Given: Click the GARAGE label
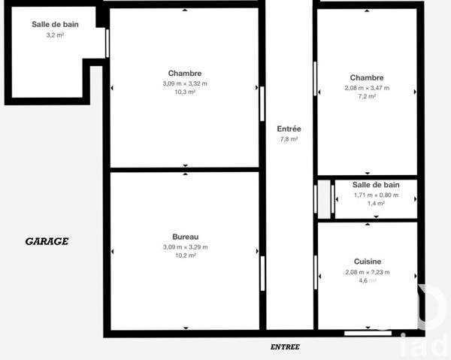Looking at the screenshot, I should point(47,241).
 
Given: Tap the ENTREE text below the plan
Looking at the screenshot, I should point(285,346).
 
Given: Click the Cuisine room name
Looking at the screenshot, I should point(367,262).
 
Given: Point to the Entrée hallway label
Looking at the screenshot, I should point(289,129).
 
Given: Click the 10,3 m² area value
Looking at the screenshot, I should point(185,92).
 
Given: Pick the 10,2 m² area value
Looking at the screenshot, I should point(185,256).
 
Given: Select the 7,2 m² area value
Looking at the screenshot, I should point(367,97).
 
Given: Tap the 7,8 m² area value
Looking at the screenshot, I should point(289,139).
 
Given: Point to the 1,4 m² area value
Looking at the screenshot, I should point(376,204).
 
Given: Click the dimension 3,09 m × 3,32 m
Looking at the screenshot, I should point(185,83).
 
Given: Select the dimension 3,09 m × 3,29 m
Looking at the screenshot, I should point(185,247).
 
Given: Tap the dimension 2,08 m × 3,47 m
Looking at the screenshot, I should point(367,88).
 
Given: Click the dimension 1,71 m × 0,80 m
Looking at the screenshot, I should point(376,195).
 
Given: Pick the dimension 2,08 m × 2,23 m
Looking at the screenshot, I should point(367,272).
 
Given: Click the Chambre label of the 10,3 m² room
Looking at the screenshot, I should point(185,73).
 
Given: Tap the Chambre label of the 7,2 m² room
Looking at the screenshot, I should point(367,77).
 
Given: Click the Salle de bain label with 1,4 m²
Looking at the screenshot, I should point(376,185).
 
